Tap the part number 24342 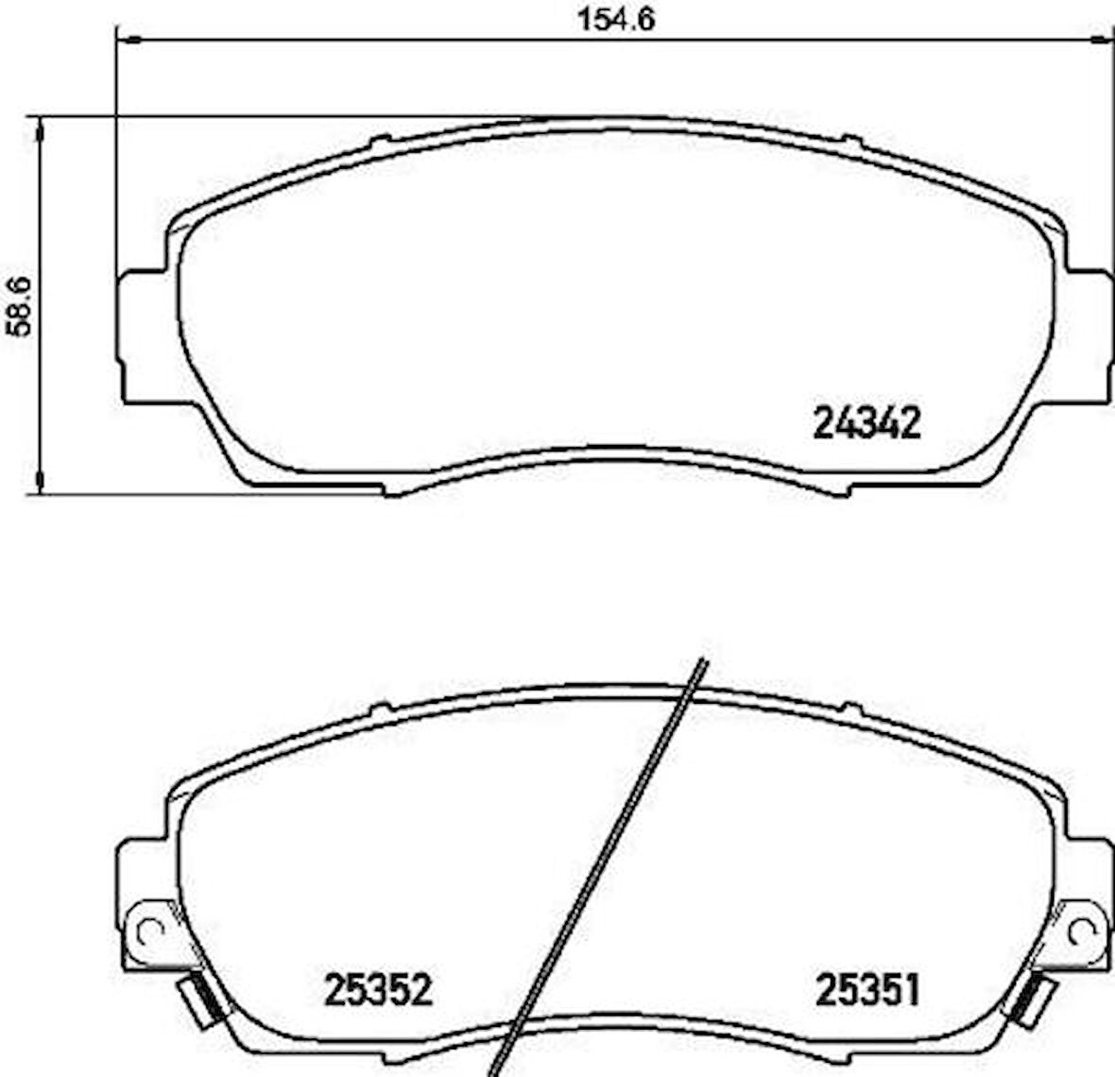click(x=866, y=424)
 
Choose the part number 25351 click(x=866, y=990)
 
